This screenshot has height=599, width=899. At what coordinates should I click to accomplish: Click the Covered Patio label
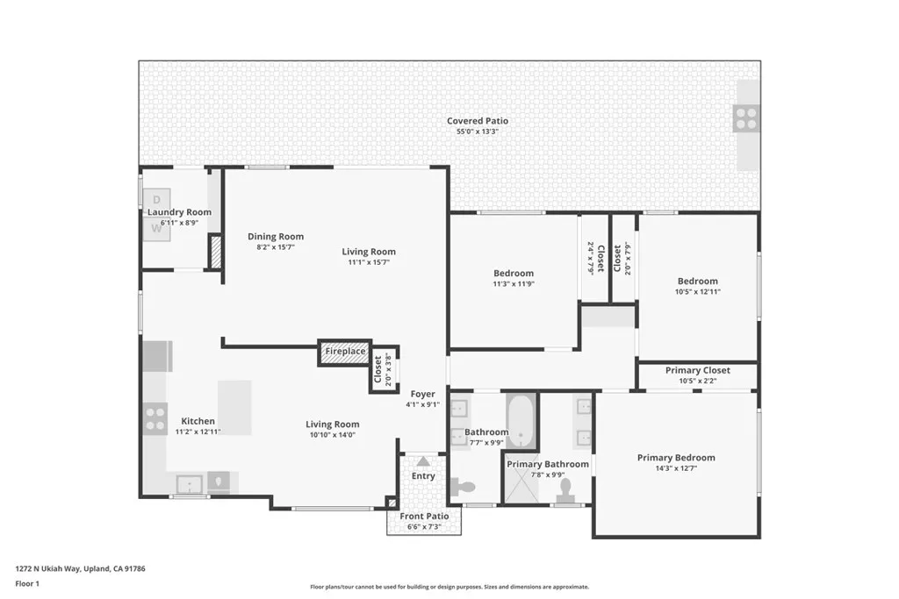click(477, 121)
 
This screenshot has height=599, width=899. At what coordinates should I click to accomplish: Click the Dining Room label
click(275, 237)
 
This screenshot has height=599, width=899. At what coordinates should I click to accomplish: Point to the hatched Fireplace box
click(345, 352)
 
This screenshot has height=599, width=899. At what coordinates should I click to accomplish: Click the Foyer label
click(422, 395)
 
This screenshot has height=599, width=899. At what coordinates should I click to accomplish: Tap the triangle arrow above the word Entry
click(423, 460)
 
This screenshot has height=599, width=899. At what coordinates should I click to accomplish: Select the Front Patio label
click(424, 517)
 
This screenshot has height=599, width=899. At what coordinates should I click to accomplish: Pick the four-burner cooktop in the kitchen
click(155, 417)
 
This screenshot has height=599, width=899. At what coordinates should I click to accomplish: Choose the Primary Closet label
click(697, 371)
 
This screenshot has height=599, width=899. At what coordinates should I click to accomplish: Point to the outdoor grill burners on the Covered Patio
click(747, 118)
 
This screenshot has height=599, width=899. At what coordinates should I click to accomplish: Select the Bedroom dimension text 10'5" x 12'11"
click(697, 292)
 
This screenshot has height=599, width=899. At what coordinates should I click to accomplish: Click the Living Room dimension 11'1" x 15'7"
click(368, 261)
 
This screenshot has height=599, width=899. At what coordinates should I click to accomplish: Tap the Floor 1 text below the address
click(27, 583)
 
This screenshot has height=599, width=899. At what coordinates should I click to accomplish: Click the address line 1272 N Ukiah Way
click(80, 568)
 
